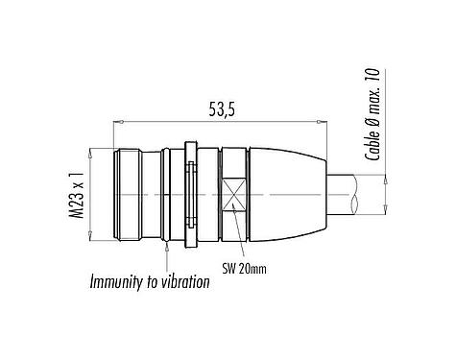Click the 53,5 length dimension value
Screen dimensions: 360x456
220,109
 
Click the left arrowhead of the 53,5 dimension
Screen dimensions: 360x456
120,122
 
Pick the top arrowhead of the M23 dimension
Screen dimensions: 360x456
92,152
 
